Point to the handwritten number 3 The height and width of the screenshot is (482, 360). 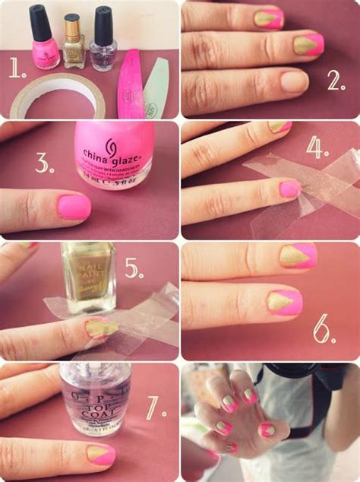point(43,163)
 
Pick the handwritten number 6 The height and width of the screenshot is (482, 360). point(323,328)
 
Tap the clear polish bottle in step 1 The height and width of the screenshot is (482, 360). point(104,42)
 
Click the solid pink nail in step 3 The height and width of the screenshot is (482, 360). point(74,207)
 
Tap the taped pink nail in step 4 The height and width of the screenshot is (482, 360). point(289,189)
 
